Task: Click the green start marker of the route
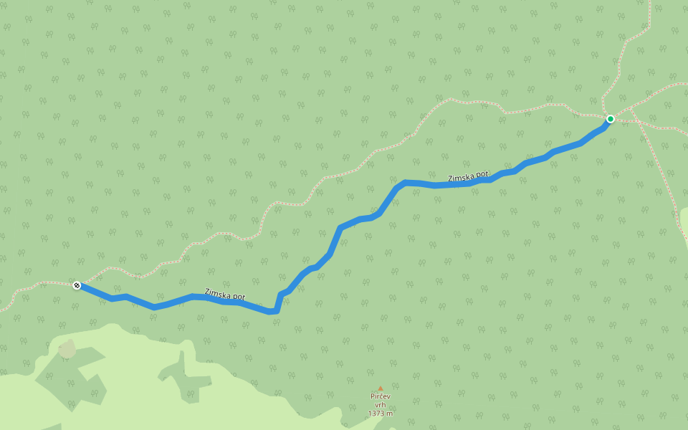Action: tap(610, 118)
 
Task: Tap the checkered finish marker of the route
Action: tap(77, 285)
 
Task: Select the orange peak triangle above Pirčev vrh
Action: tap(381, 388)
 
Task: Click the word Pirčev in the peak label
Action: tap(381, 396)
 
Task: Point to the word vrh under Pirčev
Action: tap(381, 405)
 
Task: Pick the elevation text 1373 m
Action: tap(381, 414)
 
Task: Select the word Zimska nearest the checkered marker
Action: tap(217, 292)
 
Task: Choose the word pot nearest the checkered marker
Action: tap(238, 297)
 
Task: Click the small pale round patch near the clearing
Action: tap(67, 349)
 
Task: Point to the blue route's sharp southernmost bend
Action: tap(273, 311)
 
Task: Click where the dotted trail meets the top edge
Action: tap(650, 2)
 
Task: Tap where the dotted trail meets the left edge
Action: tap(2, 310)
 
